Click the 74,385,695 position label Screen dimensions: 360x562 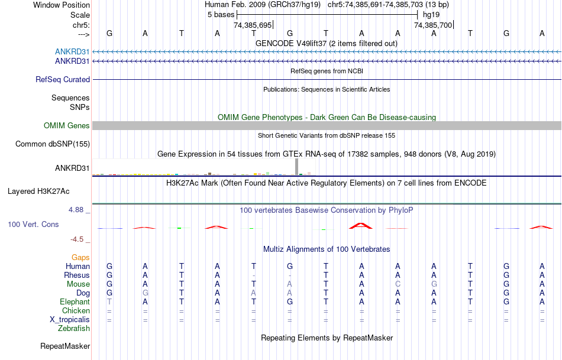point(253,25)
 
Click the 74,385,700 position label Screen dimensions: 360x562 point(433,25)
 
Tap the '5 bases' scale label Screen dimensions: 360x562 point(221,14)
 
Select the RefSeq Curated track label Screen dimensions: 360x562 point(63,79)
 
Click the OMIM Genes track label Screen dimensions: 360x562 point(67,125)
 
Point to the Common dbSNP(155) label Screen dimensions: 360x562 point(53,144)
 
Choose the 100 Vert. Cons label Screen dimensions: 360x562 point(33,225)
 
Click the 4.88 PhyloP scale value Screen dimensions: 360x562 point(78,210)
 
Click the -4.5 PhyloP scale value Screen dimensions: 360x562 point(78,239)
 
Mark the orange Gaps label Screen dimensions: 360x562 point(80,257)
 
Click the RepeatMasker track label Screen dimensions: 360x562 point(65,346)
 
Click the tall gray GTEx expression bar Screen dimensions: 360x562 point(296,167)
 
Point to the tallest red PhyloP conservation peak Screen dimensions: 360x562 point(361,225)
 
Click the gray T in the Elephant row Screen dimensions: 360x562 point(109,301)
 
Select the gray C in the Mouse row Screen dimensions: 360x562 point(398,284)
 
